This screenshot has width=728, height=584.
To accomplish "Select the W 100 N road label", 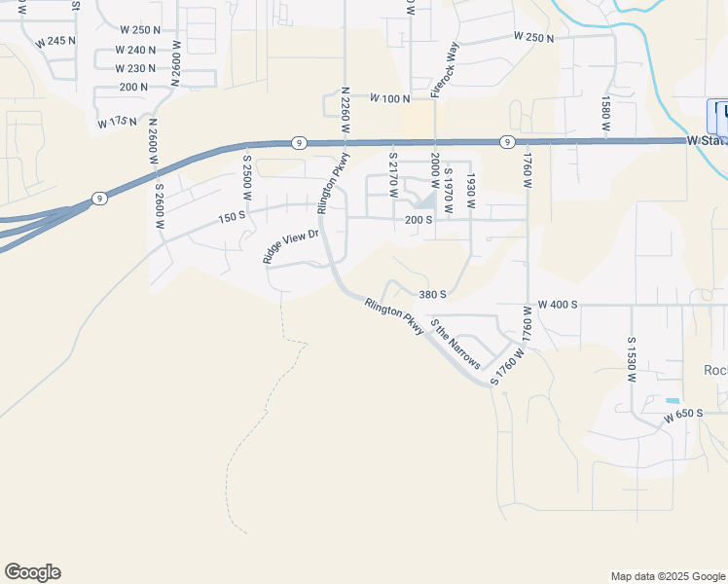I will point(389,98).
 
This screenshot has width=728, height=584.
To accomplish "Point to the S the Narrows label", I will point(455,345).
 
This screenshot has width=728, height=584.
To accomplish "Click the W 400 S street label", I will point(558,305).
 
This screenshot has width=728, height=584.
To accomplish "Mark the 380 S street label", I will point(432,294).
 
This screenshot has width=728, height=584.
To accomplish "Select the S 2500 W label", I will point(247,178).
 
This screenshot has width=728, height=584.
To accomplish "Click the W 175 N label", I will point(118,123).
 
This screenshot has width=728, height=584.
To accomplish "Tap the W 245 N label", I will point(55,42).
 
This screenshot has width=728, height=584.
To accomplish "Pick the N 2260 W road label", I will point(345,111).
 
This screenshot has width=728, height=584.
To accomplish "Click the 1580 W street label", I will point(605,114).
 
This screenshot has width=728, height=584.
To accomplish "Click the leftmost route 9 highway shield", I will point(99,199).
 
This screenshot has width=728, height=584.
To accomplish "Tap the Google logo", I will point(32,572).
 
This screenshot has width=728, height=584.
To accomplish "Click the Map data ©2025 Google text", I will point(668,576).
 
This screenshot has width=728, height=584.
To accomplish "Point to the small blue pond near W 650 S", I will point(673,401).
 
